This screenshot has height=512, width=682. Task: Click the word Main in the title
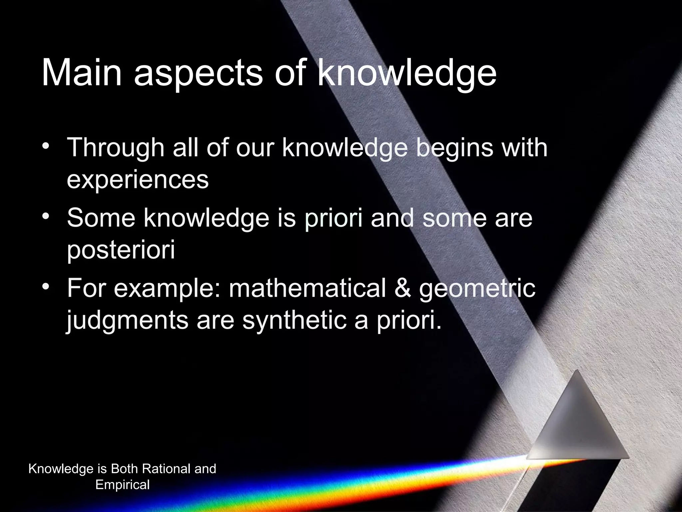(82, 73)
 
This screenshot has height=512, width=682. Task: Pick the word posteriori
(121, 251)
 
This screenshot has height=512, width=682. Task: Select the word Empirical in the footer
(123, 485)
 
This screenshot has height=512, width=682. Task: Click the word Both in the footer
(124, 469)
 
